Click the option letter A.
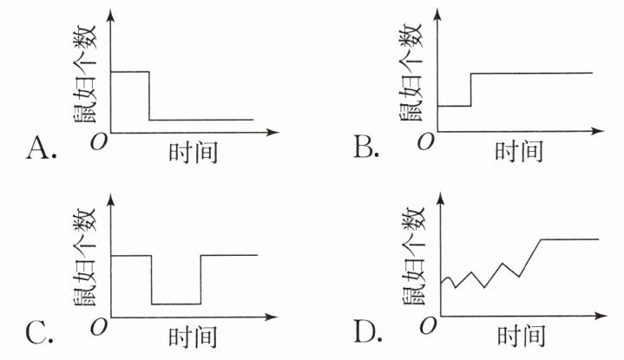pos(40,149)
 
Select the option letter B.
pos(366,149)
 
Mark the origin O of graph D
pos(426,326)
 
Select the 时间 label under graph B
pos(518,153)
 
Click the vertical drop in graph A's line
pos(149,95)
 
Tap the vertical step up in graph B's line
pos(471,89)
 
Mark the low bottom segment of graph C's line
pos(175,304)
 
